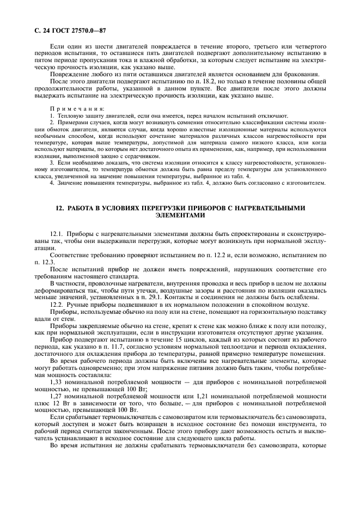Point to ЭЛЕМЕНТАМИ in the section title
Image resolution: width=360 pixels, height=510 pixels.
coord(180,215)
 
